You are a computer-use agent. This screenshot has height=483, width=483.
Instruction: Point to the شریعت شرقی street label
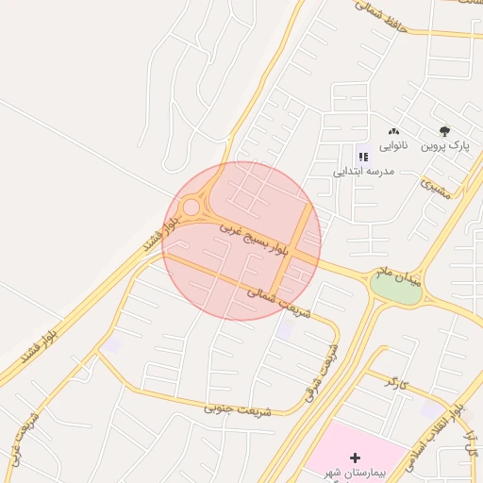click(321, 371)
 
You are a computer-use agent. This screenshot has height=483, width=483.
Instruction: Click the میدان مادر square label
click(395, 275)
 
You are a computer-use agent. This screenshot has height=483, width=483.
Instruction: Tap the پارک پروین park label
click(444, 146)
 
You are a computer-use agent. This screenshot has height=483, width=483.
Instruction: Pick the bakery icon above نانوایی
click(393, 132)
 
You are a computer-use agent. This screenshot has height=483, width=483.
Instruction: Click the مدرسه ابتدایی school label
click(364, 173)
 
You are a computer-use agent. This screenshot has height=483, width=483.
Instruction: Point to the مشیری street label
click(436, 188)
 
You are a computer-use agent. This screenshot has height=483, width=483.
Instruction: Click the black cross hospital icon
click(355, 458)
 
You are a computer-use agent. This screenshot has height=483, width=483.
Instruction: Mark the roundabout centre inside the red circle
click(192, 207)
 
